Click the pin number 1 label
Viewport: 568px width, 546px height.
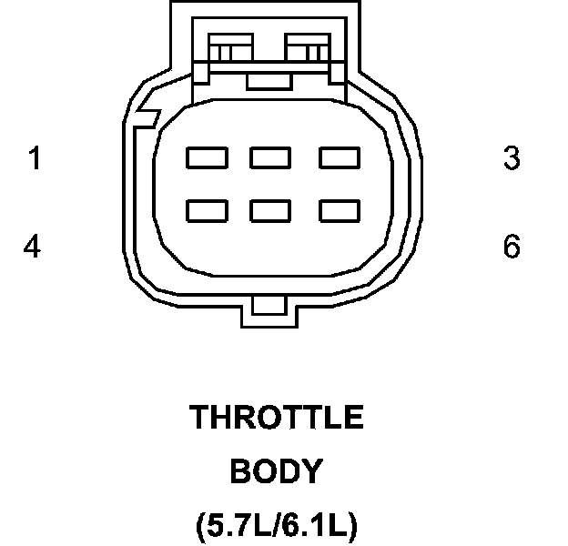(34, 159)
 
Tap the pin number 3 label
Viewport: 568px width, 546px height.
(512, 159)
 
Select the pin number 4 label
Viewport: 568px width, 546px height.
(33, 247)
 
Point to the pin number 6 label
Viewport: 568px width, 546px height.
(512, 247)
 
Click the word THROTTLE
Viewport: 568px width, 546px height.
(277, 418)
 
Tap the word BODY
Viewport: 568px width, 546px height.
(276, 471)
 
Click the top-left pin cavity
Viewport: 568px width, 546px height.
(207, 158)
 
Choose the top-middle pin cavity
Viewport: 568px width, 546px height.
(270, 158)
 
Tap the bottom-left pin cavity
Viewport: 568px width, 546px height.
(207, 211)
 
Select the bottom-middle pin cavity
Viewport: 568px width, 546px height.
(270, 211)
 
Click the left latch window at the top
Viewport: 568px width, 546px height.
(231, 46)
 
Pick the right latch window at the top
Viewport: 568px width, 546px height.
(310, 46)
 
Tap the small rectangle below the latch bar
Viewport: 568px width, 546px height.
(269, 82)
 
